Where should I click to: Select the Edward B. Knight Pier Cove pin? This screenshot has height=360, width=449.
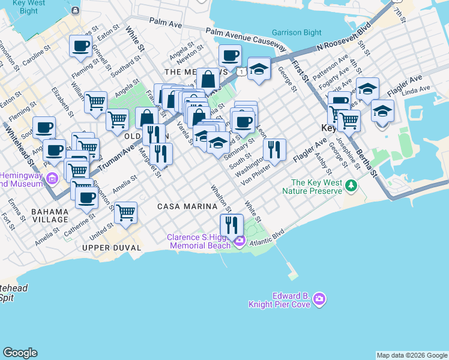pos(319,298)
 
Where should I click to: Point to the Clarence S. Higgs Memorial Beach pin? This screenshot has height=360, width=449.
pos(240,241)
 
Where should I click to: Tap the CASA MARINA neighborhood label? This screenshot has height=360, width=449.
pos(187,206)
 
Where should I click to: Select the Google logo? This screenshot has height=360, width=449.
pos(20,353)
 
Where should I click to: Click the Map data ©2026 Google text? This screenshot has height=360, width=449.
pos(411,355)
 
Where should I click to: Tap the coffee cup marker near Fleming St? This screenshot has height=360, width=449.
pos(80,46)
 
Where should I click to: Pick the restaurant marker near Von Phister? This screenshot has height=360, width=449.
pos(274,149)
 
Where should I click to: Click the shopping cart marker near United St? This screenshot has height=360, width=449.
pos(125,212)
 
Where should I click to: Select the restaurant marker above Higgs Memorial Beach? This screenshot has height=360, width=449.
pos(231,225)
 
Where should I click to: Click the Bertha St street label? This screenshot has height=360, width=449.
pos(367,159)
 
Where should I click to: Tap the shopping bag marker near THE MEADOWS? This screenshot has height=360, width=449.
pos(208,79)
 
